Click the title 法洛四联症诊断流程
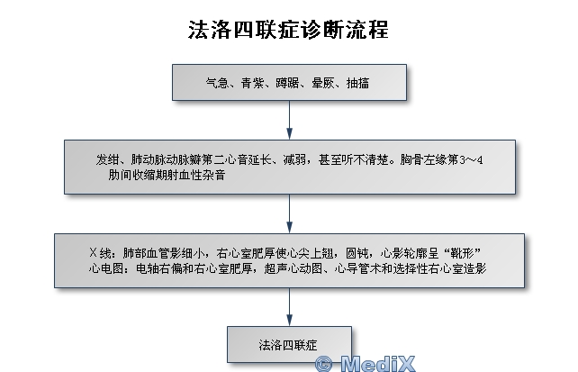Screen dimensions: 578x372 [288, 30]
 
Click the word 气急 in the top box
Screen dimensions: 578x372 [217, 83]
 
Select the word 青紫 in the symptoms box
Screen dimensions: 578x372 [252, 83]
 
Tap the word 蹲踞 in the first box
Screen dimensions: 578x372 [287, 83]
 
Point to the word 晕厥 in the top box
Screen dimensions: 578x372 [323, 83]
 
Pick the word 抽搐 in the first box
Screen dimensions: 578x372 [358, 83]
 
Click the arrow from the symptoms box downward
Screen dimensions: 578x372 [289, 120]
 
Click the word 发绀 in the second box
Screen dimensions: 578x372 [108, 159]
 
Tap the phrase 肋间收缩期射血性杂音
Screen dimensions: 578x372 [167, 175]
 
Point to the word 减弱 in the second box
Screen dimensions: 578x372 [295, 159]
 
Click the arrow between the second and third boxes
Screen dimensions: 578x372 [289, 213]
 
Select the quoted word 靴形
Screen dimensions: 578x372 [462, 253]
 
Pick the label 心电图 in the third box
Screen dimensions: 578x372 [106, 268]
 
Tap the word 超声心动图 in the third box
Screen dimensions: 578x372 [294, 268]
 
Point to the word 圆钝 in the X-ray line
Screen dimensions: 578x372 [357, 253]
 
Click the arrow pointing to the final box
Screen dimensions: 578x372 [289, 307]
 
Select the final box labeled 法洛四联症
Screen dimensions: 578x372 [289, 344]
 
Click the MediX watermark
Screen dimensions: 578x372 [366, 364]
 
